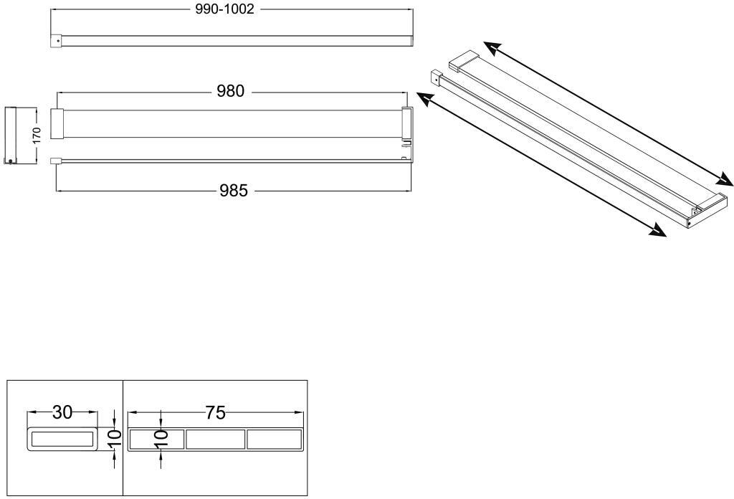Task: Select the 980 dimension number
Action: click(231, 91)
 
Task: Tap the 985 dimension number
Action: click(234, 191)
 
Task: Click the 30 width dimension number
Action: click(62, 412)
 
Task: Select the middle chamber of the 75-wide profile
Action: click(216, 439)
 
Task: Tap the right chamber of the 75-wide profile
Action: click(274, 439)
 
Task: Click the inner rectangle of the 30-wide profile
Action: click(62, 439)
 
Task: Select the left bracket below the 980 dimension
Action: click(57, 123)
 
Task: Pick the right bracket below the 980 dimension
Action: click(406, 123)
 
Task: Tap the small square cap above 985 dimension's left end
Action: click(54, 162)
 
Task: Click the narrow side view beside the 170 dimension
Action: click(11, 134)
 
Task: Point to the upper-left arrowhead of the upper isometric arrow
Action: click(491, 47)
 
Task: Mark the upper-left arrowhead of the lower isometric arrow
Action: click(424, 100)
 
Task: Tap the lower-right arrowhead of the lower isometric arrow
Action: click(657, 231)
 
